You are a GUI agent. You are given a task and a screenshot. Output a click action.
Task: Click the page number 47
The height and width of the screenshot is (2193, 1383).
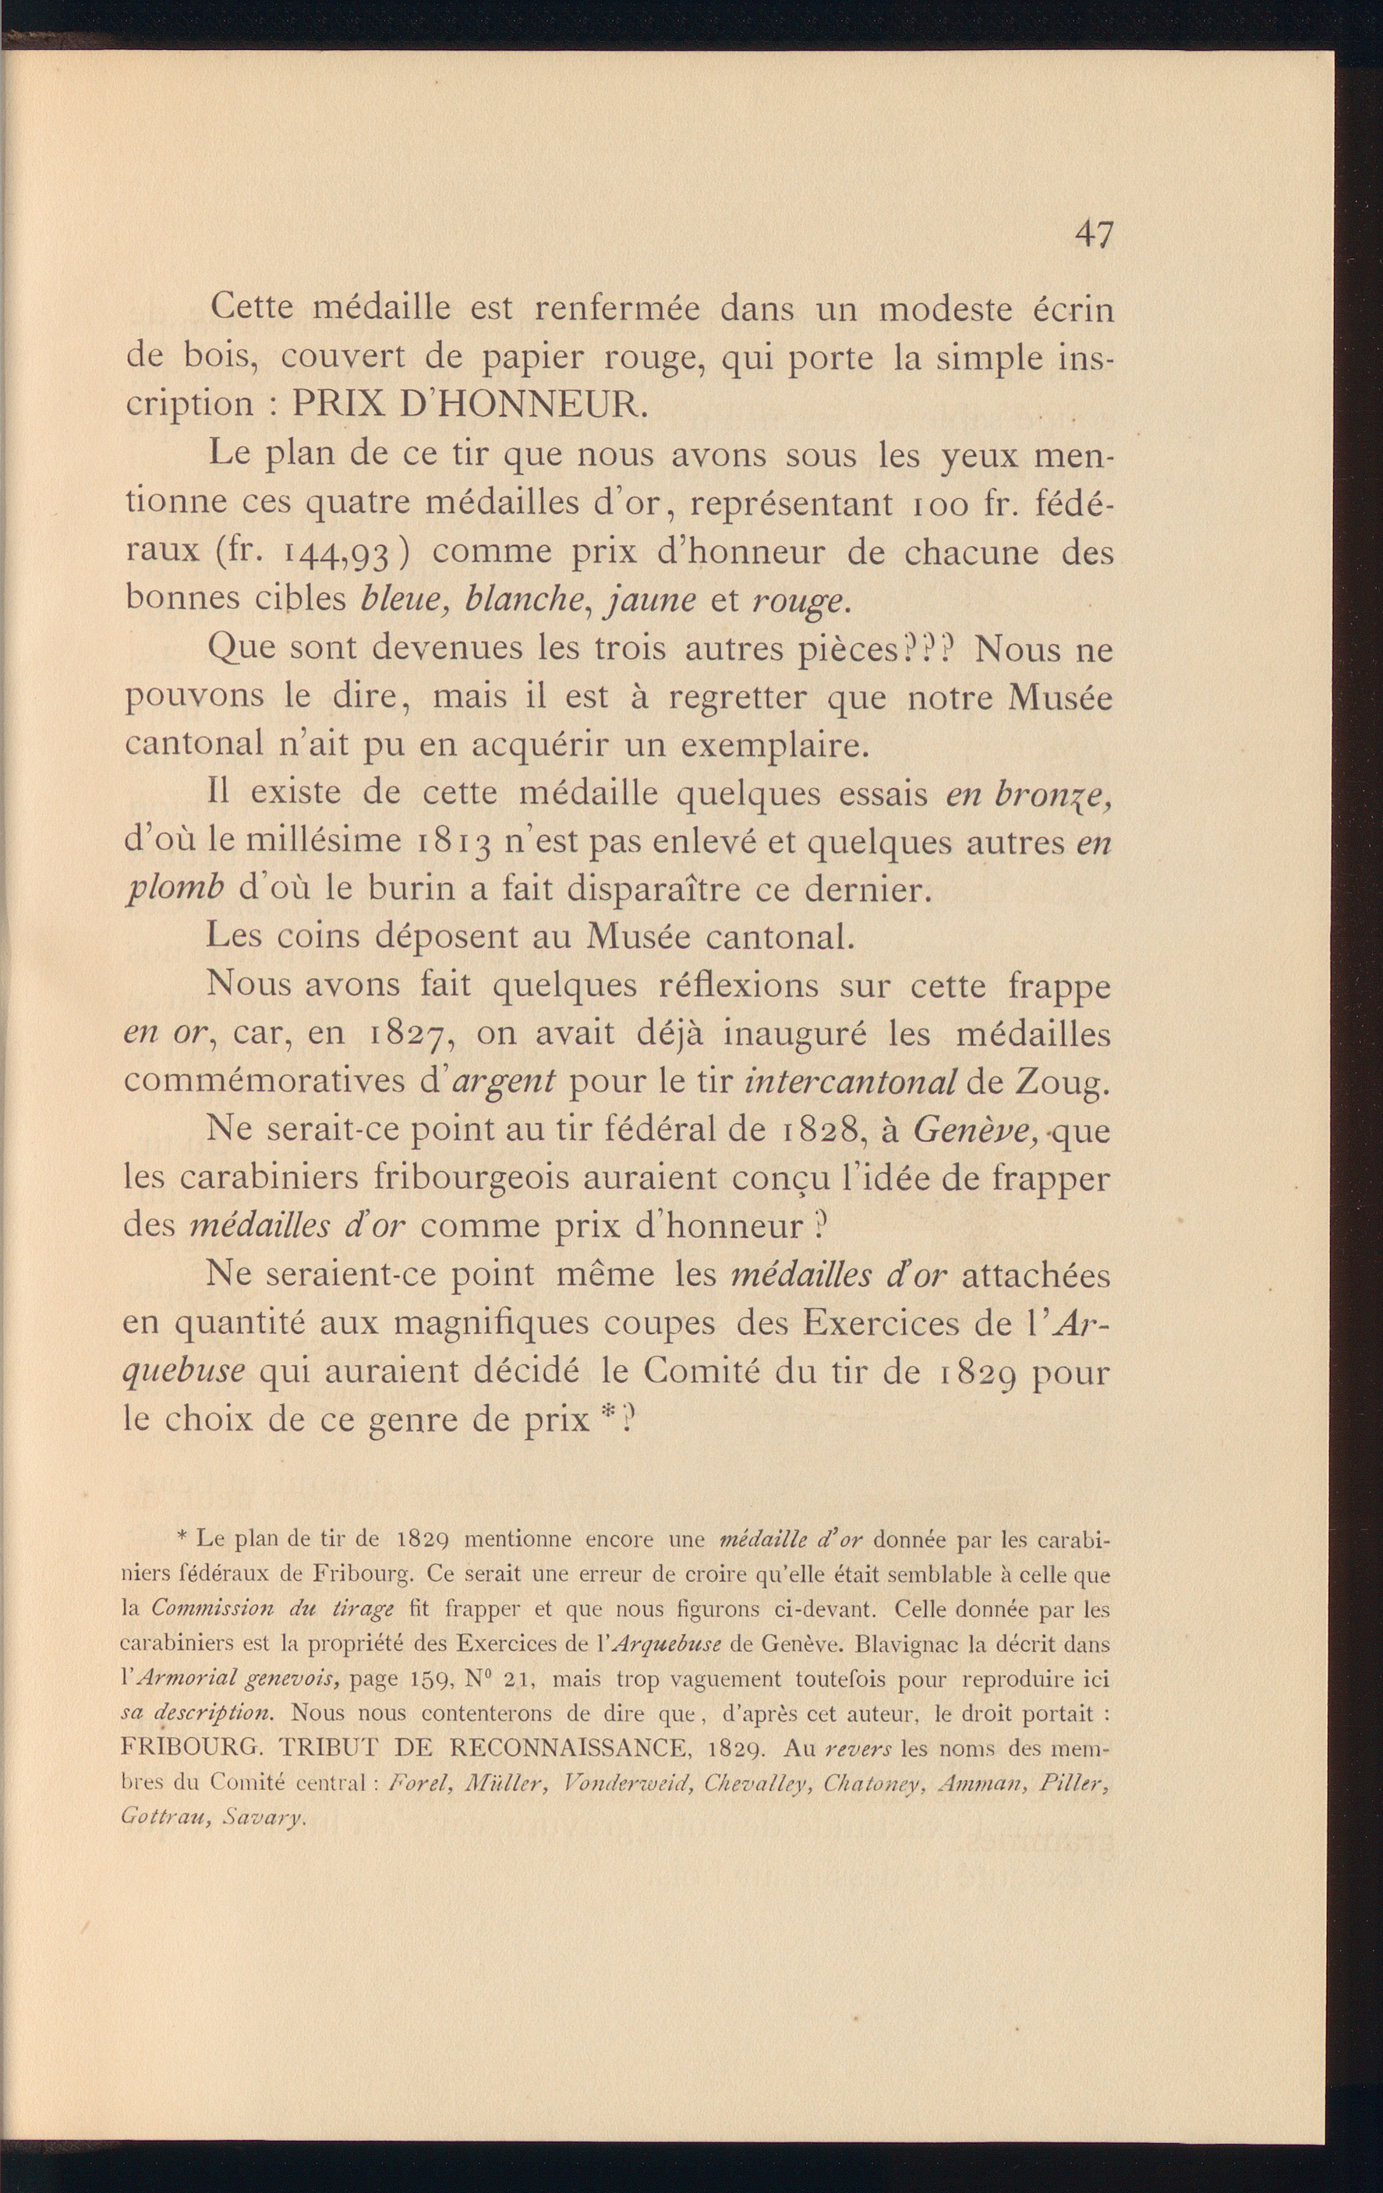tap(1094, 235)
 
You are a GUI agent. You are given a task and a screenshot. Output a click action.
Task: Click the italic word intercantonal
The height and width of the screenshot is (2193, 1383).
tap(851, 1081)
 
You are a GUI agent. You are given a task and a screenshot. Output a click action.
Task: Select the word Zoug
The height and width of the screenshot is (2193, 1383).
tap(1062, 1083)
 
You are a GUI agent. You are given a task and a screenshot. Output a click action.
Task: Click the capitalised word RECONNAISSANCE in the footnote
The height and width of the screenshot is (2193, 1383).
tap(569, 1747)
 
